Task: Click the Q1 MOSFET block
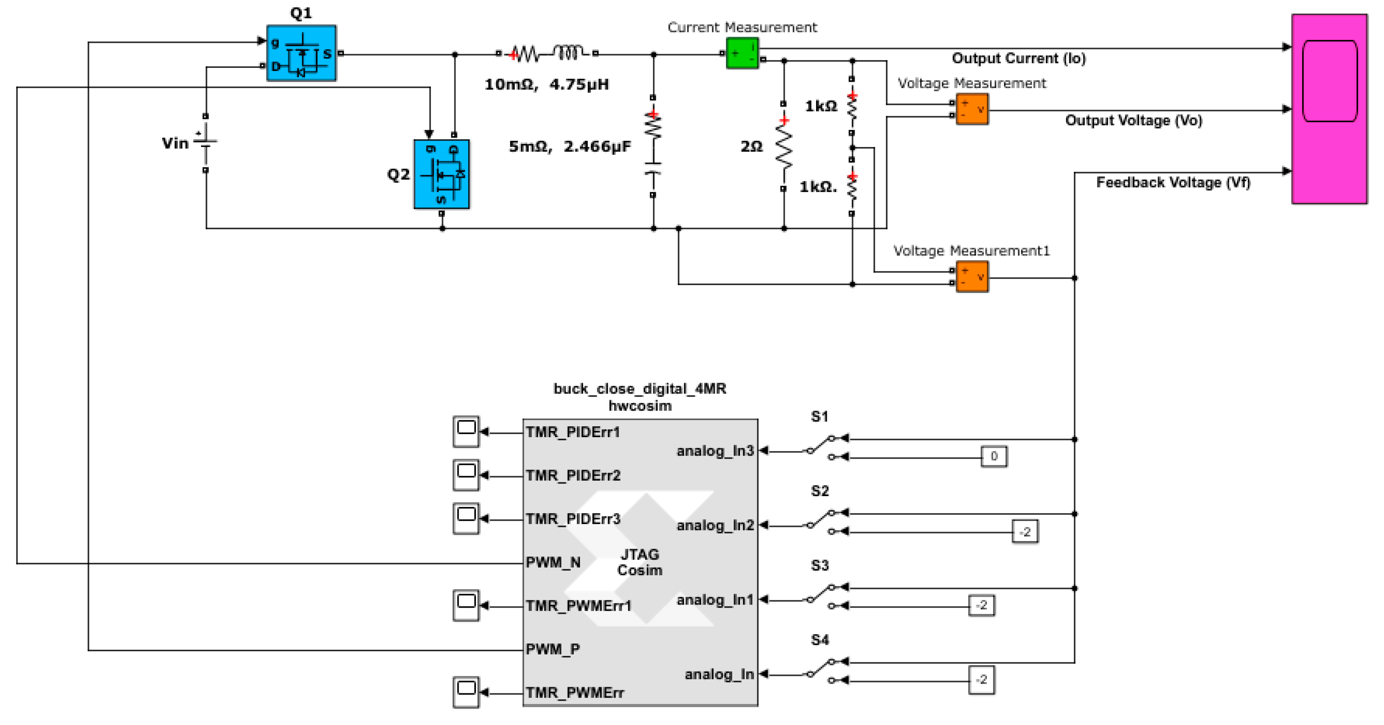coord(302,53)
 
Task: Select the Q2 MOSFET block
coord(441,174)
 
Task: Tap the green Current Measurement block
coord(742,53)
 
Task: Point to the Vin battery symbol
coord(205,143)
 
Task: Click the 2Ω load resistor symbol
coord(784,146)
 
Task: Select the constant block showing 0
coord(994,456)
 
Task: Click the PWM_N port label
coord(553,562)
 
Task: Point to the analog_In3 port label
coord(715,450)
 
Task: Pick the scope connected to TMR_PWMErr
coord(466,692)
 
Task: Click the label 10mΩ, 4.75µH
coord(547,84)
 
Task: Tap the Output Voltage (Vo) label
coord(1133,120)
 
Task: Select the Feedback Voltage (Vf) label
coord(1173,183)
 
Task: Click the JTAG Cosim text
coord(639,562)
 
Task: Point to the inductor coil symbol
coord(568,53)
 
